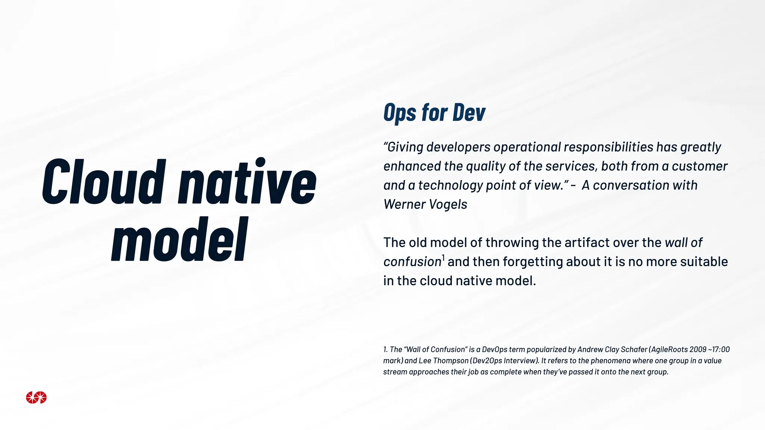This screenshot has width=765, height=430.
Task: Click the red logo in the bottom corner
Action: tap(36, 398)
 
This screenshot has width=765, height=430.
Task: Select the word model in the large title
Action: tap(180, 240)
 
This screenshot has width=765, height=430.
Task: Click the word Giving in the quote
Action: tap(405, 147)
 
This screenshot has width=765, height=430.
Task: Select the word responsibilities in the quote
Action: tap(608, 147)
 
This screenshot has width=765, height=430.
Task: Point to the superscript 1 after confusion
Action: tap(443, 258)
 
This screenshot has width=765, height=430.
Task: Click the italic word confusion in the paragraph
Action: tap(412, 262)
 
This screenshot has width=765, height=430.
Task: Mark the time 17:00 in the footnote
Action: tap(721, 350)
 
